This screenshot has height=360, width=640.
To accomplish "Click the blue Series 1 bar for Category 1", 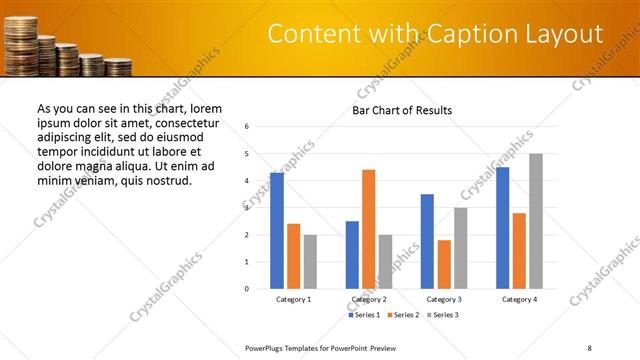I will (277, 231).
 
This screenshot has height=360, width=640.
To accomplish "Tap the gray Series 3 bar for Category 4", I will (536, 221).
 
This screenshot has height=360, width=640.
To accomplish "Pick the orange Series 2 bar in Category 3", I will (444, 264).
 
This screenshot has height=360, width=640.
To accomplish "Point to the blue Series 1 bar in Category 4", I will (502, 228).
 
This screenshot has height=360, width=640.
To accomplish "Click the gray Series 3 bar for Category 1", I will (311, 262).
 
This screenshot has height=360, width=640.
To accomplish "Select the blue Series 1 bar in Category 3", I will (427, 241).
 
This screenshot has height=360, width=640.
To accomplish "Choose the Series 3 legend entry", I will (443, 315).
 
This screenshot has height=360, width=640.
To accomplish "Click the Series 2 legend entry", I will (403, 315).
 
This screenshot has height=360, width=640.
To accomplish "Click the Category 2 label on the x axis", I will (369, 300).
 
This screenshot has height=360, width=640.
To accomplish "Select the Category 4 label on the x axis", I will (519, 300).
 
